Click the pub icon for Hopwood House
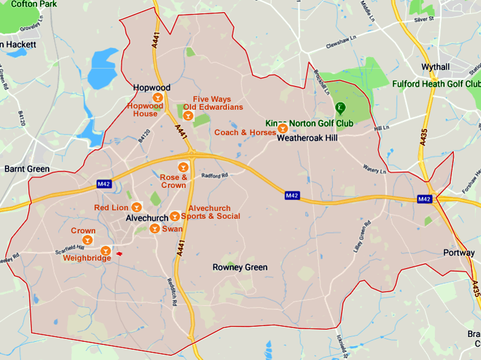coord(158,98)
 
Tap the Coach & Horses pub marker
coord(282,128)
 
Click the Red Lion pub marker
coord(136,207)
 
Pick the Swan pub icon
coord(155,228)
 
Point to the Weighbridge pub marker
coord(106,250)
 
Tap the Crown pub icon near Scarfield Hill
coord(88,241)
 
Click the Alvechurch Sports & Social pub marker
coord(175,216)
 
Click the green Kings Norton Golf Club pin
coord(341,108)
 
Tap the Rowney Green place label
coord(240,267)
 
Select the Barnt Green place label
coord(27,168)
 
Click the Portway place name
coord(459,253)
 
